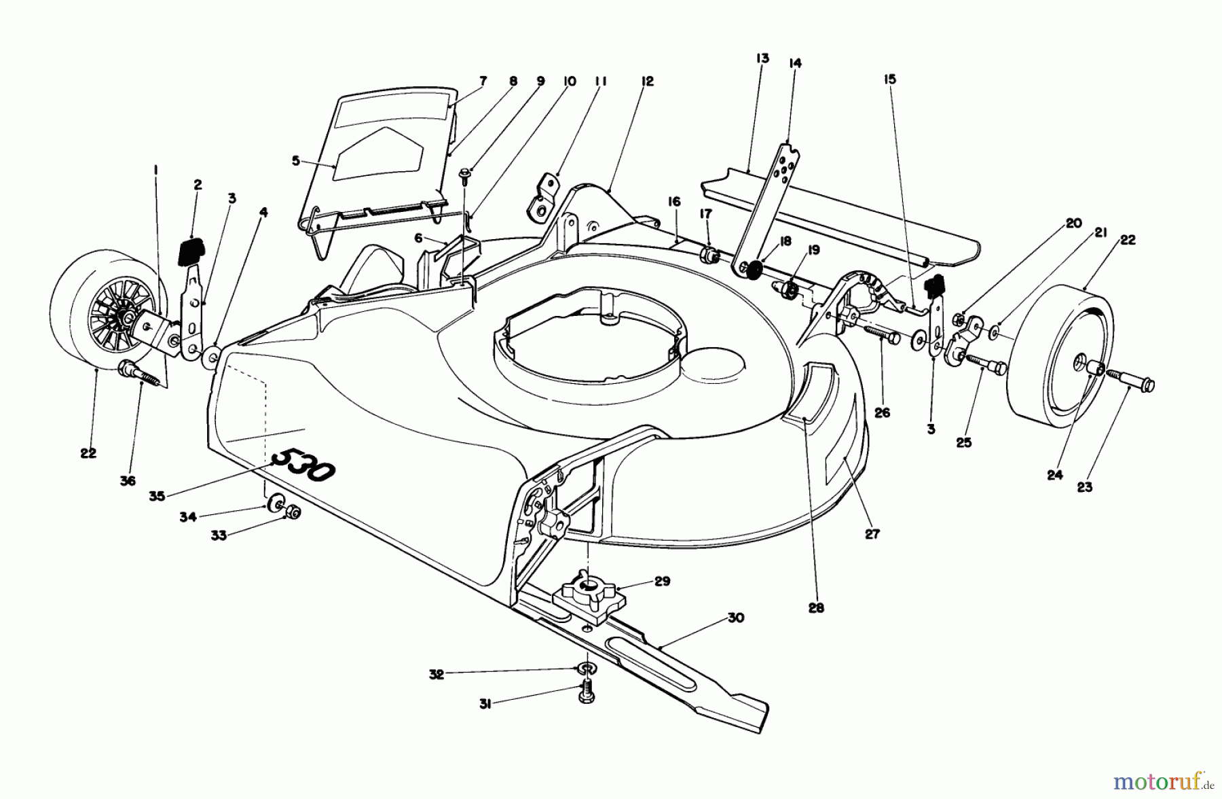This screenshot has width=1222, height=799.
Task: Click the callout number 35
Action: [158, 497]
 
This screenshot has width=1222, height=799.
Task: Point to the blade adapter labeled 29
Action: [587, 597]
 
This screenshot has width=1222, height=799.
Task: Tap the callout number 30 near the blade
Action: [735, 618]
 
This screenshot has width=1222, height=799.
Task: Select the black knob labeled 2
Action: [193, 252]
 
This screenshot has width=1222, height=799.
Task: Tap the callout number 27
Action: [872, 534]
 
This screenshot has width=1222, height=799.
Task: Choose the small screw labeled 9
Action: [465, 177]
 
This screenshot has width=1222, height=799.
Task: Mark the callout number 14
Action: [795, 63]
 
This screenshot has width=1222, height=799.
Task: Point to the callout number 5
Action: [295, 162]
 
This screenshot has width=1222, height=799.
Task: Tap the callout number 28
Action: [816, 607]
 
